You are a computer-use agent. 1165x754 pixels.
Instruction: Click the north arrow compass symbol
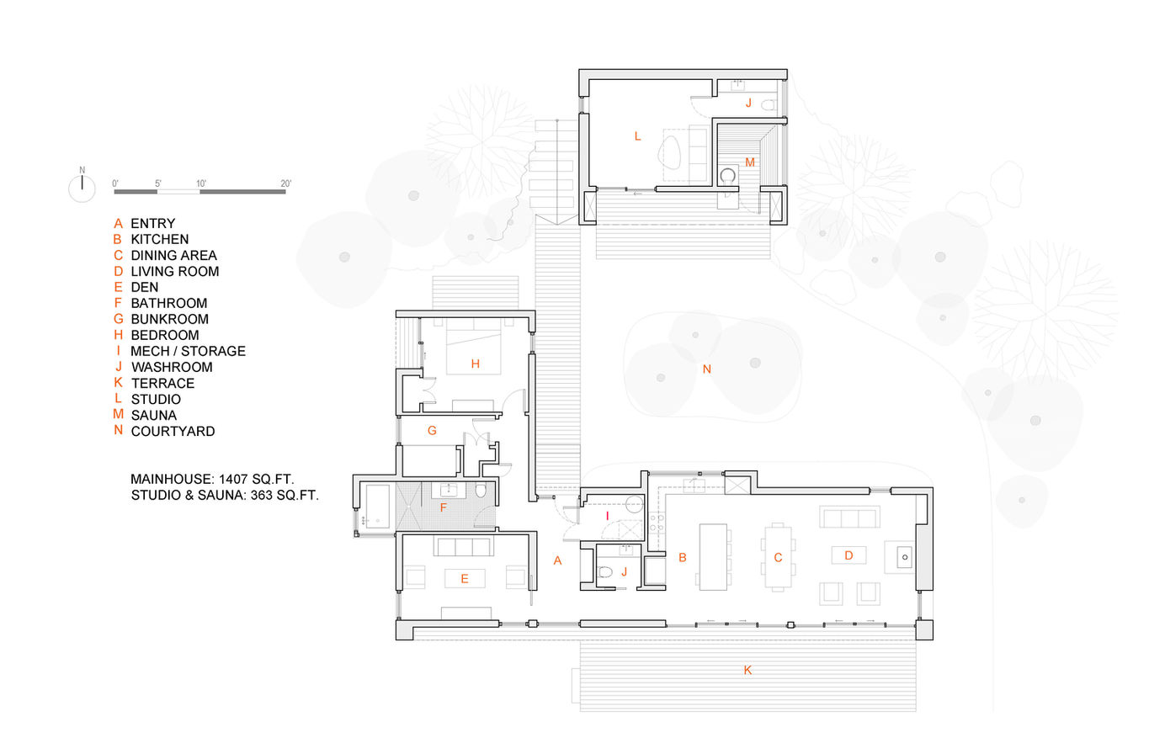click(82, 188)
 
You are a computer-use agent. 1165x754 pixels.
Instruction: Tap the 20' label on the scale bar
click(285, 183)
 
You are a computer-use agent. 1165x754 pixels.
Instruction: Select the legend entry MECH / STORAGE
click(188, 351)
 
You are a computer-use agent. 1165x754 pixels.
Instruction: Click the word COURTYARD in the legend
click(173, 431)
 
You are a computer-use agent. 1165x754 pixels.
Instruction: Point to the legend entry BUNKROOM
click(169, 319)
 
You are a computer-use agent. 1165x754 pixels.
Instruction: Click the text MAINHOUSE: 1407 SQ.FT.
click(212, 479)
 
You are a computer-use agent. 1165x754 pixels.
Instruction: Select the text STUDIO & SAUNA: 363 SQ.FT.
click(225, 495)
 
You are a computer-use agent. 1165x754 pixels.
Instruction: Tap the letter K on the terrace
click(747, 670)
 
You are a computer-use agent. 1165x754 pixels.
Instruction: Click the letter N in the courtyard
click(707, 369)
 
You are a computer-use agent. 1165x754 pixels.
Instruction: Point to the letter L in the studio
click(637, 135)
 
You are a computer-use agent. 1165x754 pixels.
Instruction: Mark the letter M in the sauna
click(749, 162)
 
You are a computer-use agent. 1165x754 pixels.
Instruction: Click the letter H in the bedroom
click(476, 364)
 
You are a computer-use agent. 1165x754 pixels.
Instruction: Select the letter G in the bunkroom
click(432, 430)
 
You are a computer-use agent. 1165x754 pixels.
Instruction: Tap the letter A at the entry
click(557, 560)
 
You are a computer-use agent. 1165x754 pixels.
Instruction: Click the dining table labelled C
click(779, 556)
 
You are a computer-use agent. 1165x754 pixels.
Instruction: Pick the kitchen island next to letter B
click(713, 556)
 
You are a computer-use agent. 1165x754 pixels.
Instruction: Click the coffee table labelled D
click(848, 555)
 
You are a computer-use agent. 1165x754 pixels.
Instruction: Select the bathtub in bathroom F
click(378, 507)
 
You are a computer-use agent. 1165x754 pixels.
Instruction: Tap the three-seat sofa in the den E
click(463, 547)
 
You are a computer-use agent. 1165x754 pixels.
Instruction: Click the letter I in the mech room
click(607, 515)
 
